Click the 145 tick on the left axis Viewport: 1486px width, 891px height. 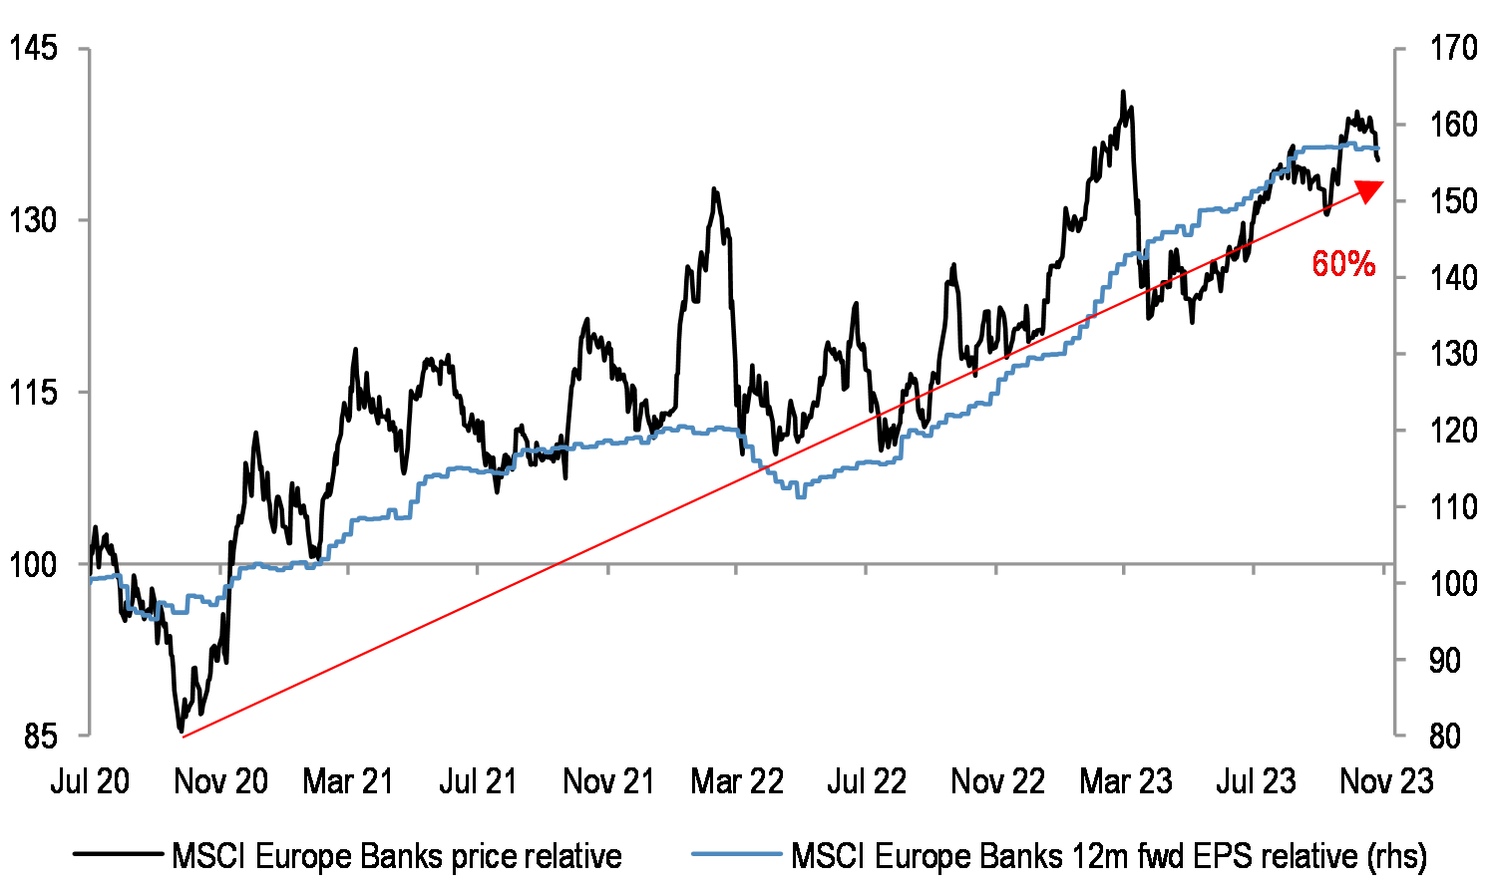(33, 48)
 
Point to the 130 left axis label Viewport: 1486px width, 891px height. (33, 220)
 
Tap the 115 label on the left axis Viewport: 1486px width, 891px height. (33, 393)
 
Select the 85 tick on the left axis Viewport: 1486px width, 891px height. (41, 737)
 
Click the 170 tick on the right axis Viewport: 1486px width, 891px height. (1452, 48)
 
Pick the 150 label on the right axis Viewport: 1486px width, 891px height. (1452, 201)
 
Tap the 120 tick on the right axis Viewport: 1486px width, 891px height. (1452, 431)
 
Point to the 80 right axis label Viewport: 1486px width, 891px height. (1444, 737)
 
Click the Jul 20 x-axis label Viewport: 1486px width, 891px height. (90, 781)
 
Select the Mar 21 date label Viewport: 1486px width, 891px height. (348, 781)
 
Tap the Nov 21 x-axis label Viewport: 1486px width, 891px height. (608, 781)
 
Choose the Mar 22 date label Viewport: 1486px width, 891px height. (737, 781)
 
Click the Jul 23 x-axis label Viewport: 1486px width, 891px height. (1256, 781)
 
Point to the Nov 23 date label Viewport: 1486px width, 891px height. (1386, 781)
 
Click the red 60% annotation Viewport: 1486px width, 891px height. (1343, 264)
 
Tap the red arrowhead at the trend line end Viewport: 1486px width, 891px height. (1371, 189)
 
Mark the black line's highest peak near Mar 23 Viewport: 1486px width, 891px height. (1123, 92)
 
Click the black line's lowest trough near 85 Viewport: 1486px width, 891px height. (181, 732)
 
